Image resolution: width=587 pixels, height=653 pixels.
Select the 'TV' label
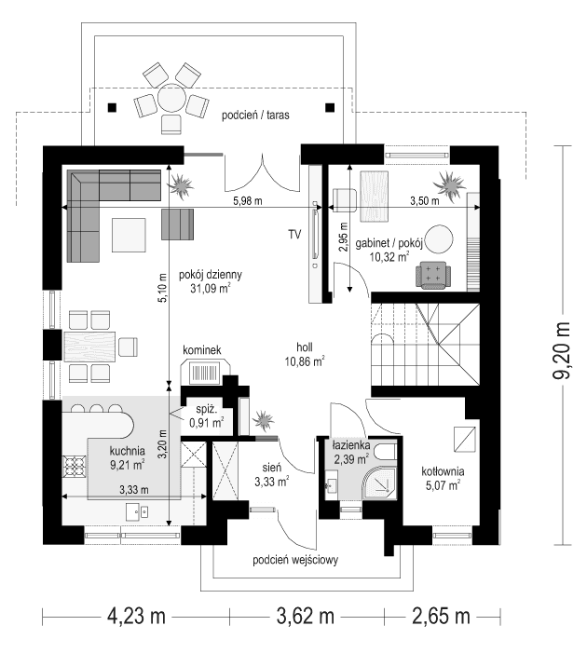coord(294,234)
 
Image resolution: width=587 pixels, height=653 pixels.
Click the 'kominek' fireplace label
coord(207,349)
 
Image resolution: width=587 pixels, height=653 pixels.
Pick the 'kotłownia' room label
coord(443,471)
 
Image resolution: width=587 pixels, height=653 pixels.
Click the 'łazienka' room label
coord(353,447)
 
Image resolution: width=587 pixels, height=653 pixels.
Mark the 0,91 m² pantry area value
coord(207,422)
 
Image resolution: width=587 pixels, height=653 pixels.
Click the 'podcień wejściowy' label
coord(300,561)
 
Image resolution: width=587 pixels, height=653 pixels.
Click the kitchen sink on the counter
coord(138,510)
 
